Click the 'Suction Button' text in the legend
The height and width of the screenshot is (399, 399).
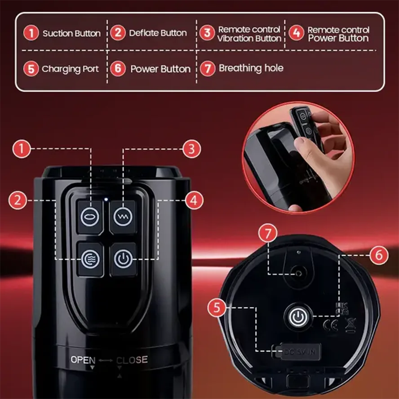pos(71,33)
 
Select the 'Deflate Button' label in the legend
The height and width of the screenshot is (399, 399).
pos(158,33)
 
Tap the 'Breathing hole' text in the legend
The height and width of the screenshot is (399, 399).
pos(251,68)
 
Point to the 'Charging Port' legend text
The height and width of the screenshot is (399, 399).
pos(70,69)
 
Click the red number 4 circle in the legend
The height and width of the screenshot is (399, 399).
pos(296,33)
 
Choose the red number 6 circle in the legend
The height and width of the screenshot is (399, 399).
pos(118,69)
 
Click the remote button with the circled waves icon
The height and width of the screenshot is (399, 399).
pos(89,259)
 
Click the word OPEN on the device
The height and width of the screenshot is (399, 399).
pos(83,360)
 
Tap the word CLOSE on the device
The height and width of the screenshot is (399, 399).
pos(132,360)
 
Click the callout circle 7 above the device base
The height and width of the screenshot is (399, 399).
pos(269,234)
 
